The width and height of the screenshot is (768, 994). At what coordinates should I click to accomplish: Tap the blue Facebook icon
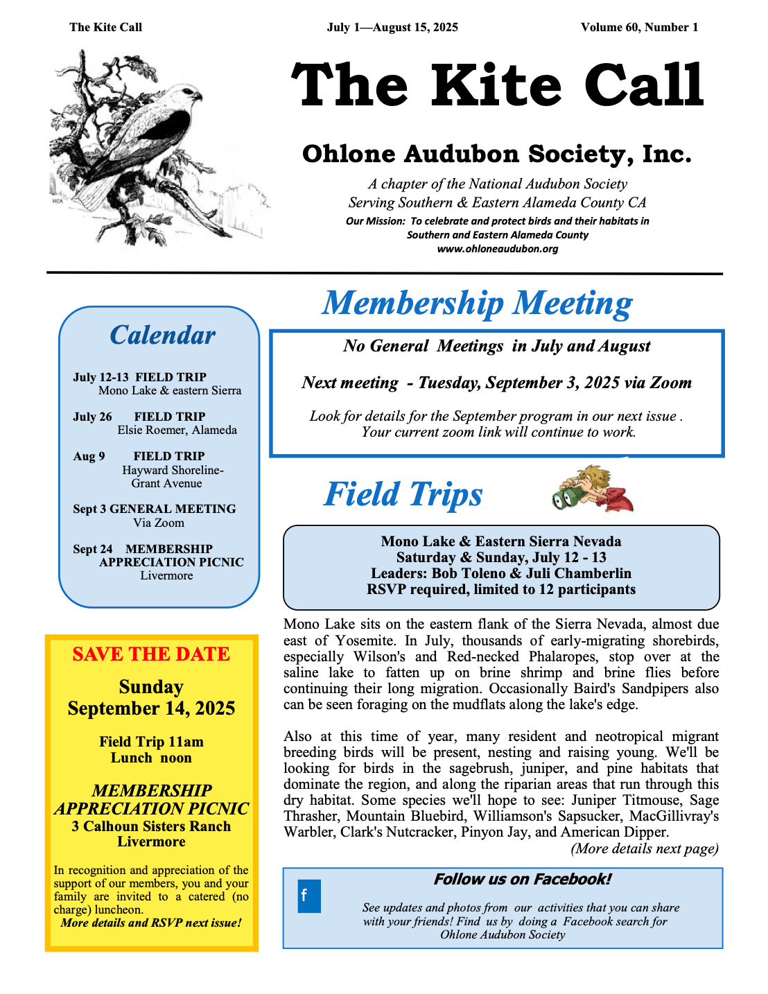[309, 896]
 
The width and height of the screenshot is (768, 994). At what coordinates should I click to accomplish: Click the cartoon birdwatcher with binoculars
[593, 489]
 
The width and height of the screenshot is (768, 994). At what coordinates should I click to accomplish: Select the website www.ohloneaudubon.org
[497, 249]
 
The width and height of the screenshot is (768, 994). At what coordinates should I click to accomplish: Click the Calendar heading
[162, 335]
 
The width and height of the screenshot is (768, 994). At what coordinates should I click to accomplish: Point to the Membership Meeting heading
[477, 304]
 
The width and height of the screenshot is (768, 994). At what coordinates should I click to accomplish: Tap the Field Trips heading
[403, 495]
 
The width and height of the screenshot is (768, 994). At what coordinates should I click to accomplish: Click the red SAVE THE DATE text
[151, 654]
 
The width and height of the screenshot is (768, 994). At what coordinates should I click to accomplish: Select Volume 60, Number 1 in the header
[639, 28]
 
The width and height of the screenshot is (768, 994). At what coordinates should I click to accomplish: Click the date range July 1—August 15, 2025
[392, 28]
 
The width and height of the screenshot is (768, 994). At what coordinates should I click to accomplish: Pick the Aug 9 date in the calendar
[89, 456]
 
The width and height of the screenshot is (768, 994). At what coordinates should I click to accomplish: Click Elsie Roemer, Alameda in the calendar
[177, 430]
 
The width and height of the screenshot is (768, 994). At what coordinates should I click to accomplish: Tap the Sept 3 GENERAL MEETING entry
[154, 509]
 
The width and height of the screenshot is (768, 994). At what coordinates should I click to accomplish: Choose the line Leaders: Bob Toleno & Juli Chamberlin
[500, 573]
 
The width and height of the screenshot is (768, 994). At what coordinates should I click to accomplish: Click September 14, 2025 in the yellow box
[151, 708]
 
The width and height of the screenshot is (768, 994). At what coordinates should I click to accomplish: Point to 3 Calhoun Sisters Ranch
[151, 826]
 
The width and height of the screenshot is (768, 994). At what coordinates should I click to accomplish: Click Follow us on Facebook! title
[522, 880]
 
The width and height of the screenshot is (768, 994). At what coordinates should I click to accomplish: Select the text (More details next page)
[644, 848]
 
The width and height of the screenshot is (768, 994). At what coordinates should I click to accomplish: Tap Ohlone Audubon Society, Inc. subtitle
[496, 154]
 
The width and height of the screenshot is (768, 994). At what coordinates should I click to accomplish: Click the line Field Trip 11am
[151, 742]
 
